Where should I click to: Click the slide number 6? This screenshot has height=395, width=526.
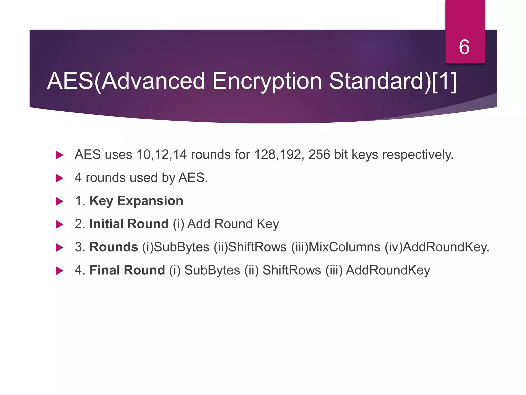pos(464,47)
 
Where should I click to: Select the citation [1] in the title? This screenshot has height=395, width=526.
pos(444,81)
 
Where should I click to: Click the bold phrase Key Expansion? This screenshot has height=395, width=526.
pos(136,201)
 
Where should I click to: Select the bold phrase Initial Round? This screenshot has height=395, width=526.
pos(129,224)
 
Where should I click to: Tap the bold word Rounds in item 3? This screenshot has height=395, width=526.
pos(114,247)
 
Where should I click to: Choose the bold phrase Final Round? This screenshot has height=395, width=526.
pos(127,270)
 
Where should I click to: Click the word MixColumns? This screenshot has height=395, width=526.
pos(344,247)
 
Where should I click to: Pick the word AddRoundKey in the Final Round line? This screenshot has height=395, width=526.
pos(388,270)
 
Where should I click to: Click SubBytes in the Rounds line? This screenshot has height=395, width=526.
pos(181,247)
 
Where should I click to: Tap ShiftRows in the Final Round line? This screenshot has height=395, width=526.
pos(292,270)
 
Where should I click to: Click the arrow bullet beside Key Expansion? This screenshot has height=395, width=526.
pos(59,201)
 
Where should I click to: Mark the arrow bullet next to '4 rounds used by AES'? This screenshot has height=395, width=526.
pos(59,178)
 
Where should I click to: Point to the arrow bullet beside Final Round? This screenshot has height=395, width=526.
pos(59,271)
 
